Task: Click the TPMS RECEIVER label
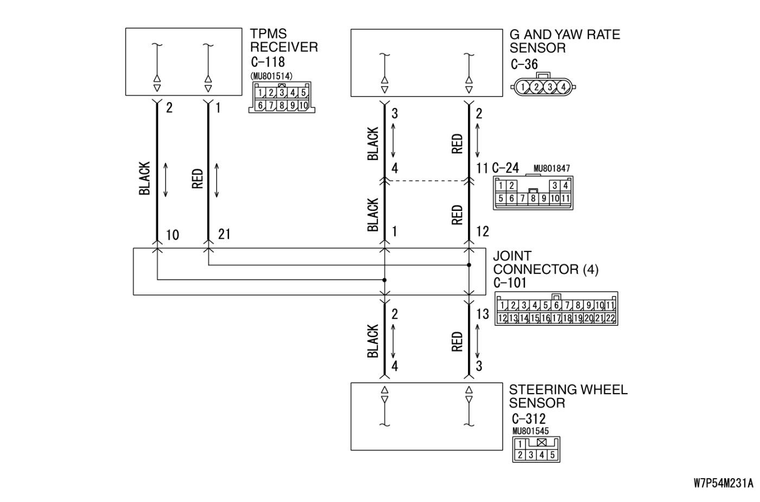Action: [283, 40]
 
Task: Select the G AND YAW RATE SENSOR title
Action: [565, 41]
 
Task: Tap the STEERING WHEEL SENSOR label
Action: [568, 396]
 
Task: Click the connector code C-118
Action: [268, 62]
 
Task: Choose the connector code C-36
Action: [524, 65]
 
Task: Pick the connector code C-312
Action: [529, 419]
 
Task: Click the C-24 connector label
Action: [505, 168]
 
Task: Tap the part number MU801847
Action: [552, 169]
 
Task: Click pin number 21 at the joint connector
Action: [224, 234]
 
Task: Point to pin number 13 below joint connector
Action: [482, 314]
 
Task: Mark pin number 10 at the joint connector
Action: [173, 235]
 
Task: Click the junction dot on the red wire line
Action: [469, 265]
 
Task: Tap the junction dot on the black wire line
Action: [384, 280]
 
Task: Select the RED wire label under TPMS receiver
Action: [198, 178]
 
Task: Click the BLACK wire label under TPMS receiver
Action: [144, 178]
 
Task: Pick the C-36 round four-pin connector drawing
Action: [543, 86]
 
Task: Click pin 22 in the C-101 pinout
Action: [610, 318]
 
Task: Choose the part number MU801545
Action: [530, 432]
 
